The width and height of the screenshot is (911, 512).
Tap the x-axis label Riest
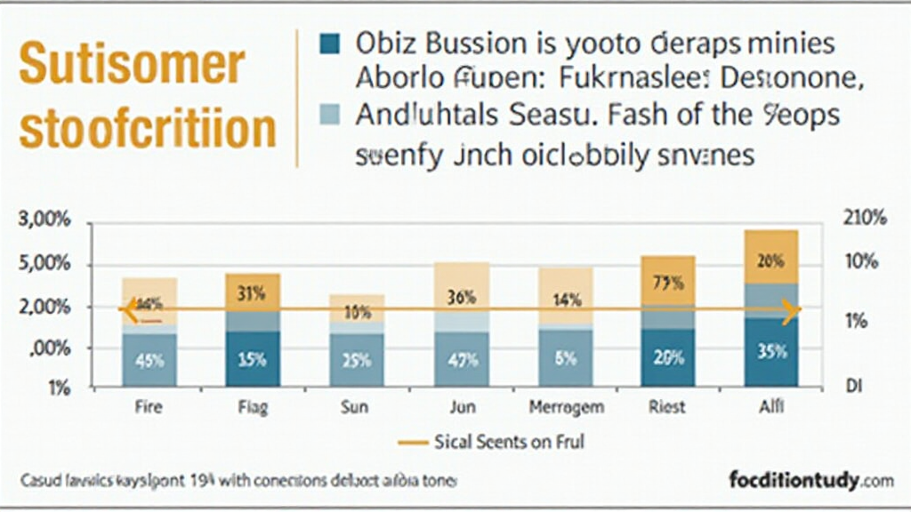667,408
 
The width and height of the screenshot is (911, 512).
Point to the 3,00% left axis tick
44,220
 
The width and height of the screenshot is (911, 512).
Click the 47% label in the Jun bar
461,360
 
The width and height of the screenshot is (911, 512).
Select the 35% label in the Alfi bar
771,352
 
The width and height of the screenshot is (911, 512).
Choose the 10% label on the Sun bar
357,311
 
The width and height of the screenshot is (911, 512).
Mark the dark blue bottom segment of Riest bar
667,357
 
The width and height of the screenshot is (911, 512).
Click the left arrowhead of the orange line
125,310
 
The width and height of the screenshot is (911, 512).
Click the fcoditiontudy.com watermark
810,481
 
